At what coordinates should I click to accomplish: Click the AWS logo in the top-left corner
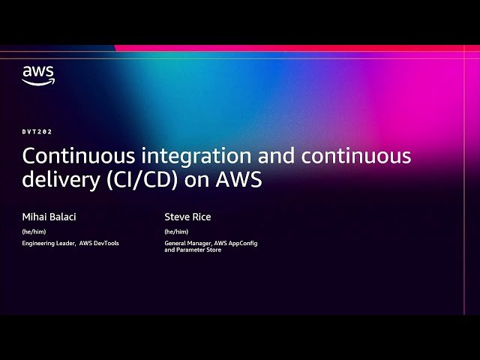[38, 75]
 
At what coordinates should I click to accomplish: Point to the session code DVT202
[36, 131]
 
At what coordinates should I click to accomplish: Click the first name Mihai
[34, 217]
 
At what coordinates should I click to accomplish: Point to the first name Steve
[177, 217]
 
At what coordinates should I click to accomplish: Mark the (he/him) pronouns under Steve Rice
[176, 232]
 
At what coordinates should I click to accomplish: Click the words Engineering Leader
[49, 244]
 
